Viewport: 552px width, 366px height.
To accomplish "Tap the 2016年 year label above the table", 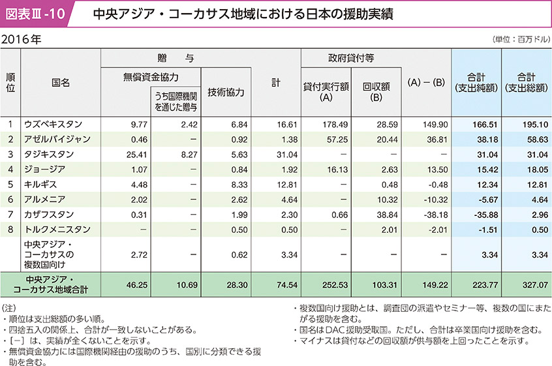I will pyautogui.click(x=22, y=39).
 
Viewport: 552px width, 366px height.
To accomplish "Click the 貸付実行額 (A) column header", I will pyautogui.click(x=326, y=92).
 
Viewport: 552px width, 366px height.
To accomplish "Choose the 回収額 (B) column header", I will pyautogui.click(x=376, y=92).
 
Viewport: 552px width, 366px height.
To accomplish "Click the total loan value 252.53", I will pyautogui.click(x=336, y=284).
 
